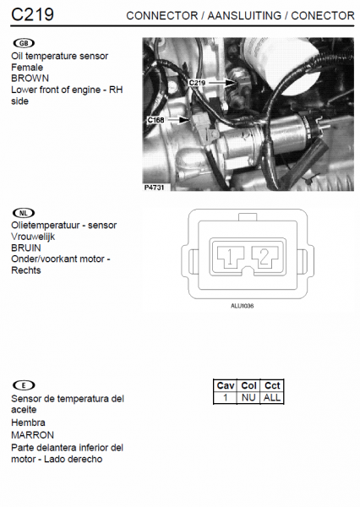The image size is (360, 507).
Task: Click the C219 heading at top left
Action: pos(32,14)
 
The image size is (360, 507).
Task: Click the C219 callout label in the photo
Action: pos(197,83)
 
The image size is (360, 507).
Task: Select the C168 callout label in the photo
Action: pos(155,120)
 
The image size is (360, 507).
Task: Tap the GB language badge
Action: pos(24,43)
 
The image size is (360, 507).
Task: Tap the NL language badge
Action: pos(24,213)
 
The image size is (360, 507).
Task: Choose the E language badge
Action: pos(24,385)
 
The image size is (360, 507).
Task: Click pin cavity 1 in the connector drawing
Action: pos(231,258)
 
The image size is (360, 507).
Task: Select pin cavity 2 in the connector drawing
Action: pos(265,258)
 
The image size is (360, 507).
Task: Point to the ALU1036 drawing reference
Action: pos(243,306)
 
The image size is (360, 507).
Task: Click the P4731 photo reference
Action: pos(155,188)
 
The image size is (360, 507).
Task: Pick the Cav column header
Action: pos(226,385)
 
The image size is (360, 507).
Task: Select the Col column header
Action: pos(248,385)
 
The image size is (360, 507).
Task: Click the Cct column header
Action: pos(272,385)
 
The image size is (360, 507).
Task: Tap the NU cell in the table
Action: pos(248,397)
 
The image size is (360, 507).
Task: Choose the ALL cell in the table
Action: pos(272,397)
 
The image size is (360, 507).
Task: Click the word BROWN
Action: pos(30,79)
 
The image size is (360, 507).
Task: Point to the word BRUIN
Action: pos(26,248)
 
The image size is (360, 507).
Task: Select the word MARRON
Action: pos(32,435)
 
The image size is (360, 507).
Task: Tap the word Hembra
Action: pos(28,422)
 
